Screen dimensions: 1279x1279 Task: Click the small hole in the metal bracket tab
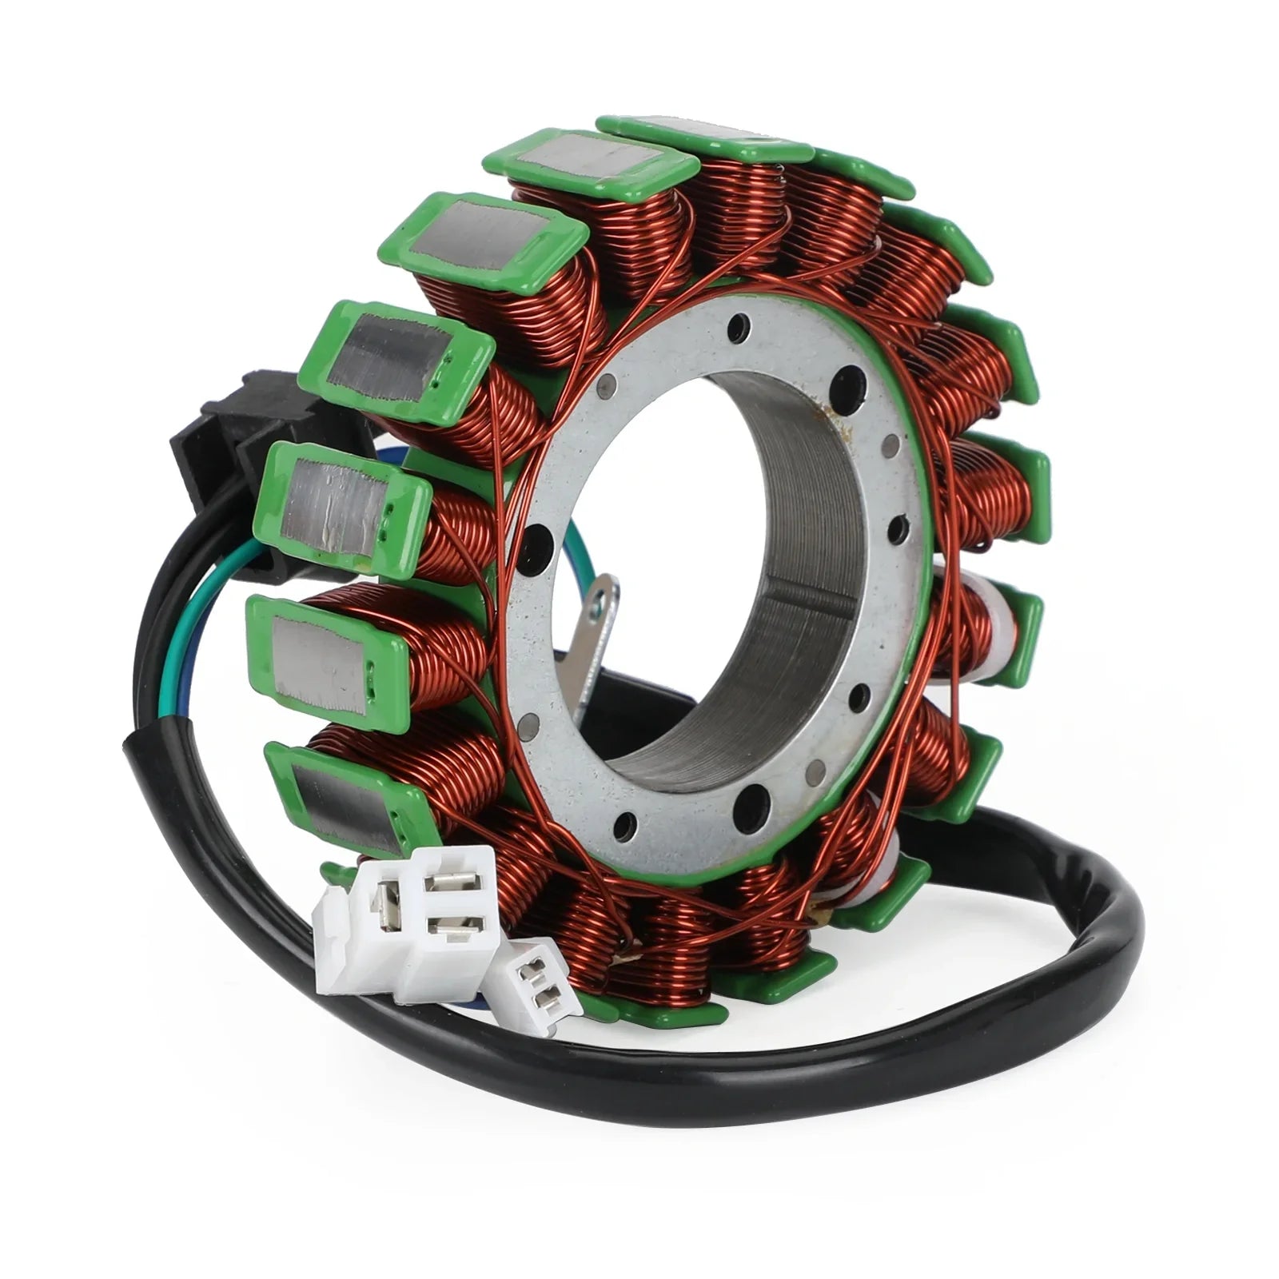pyautogui.click(x=595, y=612)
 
